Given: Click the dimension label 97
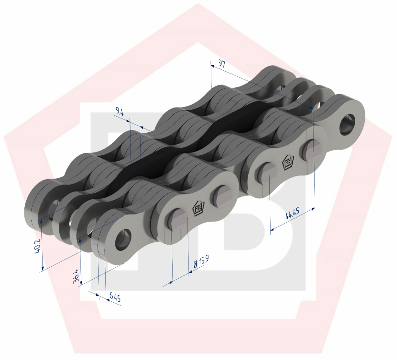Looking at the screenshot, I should coord(221,64).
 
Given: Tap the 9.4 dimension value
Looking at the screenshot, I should coord(119,111).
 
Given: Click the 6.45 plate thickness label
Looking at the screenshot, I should coord(114,298).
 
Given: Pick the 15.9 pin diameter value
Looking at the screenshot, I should coord(203,260).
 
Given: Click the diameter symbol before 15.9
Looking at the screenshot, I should coord(195,265).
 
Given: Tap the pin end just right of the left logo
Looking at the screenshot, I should coord(221,195).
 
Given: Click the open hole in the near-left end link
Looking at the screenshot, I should coord(122,239).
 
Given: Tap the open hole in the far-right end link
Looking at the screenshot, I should coord(348,123).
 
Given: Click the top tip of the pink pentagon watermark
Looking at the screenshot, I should coord(198,5).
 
